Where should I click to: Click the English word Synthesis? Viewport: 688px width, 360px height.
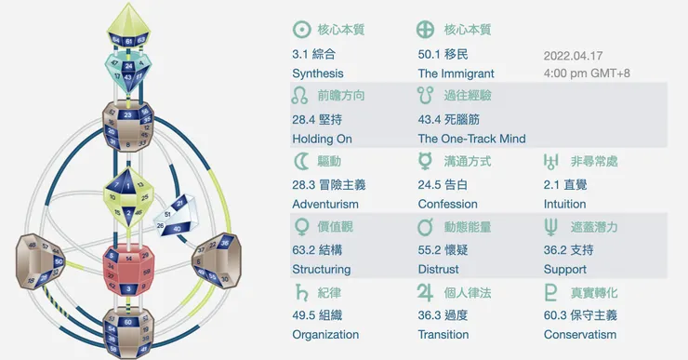coord(317,73)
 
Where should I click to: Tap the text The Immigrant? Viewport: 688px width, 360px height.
coord(456,73)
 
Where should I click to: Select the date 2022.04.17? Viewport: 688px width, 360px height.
coord(574,55)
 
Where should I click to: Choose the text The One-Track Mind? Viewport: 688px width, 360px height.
coord(471,139)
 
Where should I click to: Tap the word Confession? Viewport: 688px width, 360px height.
coord(447,204)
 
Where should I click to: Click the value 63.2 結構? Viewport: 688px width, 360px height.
coord(322,250)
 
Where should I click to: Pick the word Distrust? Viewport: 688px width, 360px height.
coord(439,269)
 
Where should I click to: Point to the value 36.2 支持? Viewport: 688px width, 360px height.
coord(568,250)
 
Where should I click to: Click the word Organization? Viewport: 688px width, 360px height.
coord(325,334)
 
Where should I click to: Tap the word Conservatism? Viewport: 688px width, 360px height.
coord(578,334)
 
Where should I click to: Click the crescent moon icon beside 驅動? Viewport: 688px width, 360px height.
coord(300,161)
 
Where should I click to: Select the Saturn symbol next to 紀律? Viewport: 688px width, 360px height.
coord(300,291)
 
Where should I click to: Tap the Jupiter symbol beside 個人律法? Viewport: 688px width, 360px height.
coord(426,291)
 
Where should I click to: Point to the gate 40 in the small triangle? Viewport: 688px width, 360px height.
coord(176,229)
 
